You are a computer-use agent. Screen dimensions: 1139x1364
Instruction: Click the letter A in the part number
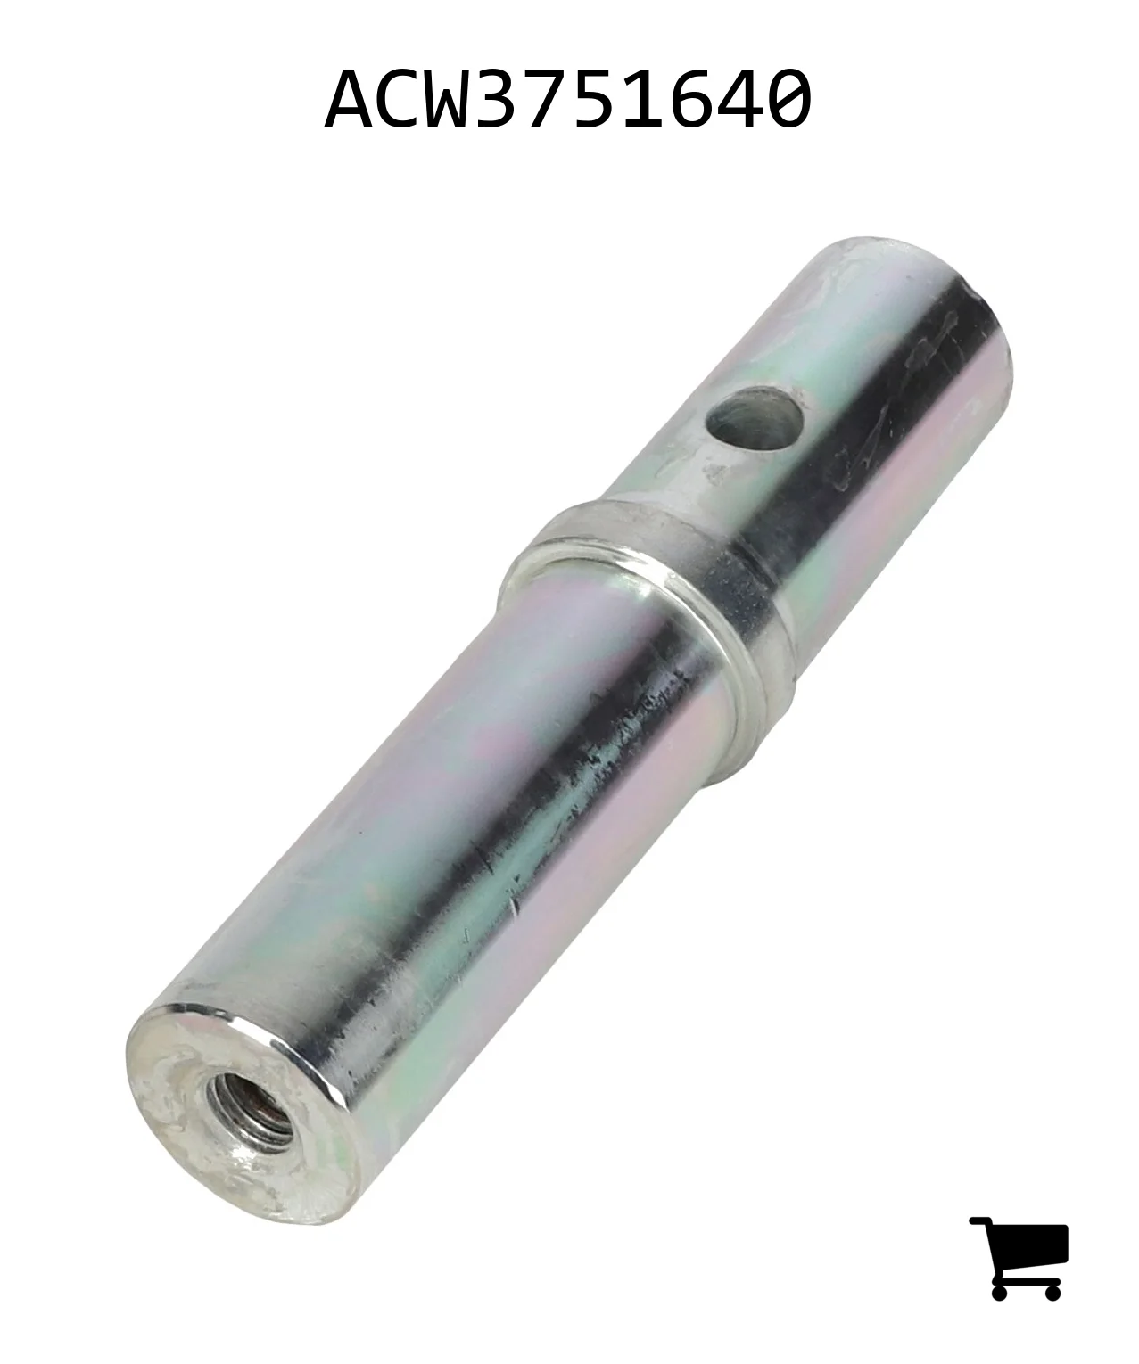tap(351, 98)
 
